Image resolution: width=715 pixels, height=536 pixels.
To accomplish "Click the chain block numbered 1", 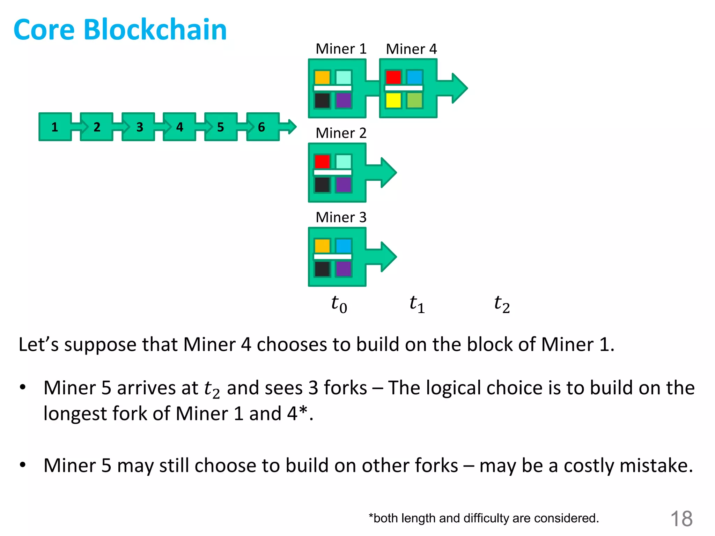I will tap(55, 127).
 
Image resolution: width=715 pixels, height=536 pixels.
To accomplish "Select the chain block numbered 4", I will tap(179, 127).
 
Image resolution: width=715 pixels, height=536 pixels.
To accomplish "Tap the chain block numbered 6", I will tap(262, 127).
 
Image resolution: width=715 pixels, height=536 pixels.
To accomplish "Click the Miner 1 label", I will tap(341, 49).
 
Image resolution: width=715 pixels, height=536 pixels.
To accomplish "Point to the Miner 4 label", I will tap(411, 49).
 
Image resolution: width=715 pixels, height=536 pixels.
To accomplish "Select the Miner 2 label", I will tap(341, 133).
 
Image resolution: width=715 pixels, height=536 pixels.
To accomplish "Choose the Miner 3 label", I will tap(341, 217).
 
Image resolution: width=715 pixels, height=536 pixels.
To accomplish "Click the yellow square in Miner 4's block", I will tap(393, 100).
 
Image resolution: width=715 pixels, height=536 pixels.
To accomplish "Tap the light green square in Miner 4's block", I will tap(414, 100).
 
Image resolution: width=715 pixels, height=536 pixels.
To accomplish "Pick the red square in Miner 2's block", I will tap(322, 162).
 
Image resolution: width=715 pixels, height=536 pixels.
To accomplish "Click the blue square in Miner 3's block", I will tap(344, 246).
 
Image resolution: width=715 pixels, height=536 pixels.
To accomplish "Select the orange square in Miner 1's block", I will tap(322, 77).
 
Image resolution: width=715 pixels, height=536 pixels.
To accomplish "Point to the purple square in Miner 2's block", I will tap(344, 185).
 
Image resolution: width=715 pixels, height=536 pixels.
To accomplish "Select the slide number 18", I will tap(681, 519).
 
